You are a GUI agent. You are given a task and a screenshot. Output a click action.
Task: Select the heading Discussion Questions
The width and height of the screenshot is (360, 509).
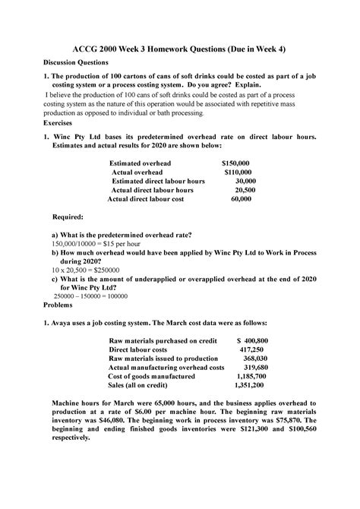tap(81, 62)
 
